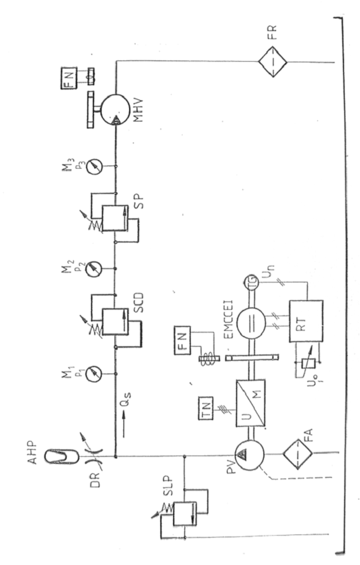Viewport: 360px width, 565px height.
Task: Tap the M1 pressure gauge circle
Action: click(x=93, y=373)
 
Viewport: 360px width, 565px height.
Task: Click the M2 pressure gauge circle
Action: click(x=93, y=269)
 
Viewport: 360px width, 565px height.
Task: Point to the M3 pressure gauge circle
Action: click(x=93, y=166)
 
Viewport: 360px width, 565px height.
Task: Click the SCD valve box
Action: click(x=115, y=322)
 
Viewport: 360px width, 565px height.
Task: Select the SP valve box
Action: click(x=115, y=219)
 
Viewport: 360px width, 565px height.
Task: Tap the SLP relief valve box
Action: click(x=185, y=513)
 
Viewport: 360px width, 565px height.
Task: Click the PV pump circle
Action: click(x=249, y=455)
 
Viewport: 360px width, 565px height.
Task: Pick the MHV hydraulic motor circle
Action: click(x=115, y=110)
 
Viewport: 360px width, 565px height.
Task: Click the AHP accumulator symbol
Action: click(x=62, y=456)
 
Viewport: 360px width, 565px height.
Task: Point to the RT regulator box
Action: click(x=306, y=321)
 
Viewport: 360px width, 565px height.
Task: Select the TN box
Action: click(x=205, y=408)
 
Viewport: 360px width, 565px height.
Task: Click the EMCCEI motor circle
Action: click(x=251, y=323)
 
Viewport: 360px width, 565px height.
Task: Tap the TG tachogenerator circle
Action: click(x=251, y=281)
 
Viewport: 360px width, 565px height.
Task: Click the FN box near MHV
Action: click(x=69, y=78)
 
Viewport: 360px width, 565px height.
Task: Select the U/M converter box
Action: click(x=251, y=403)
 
